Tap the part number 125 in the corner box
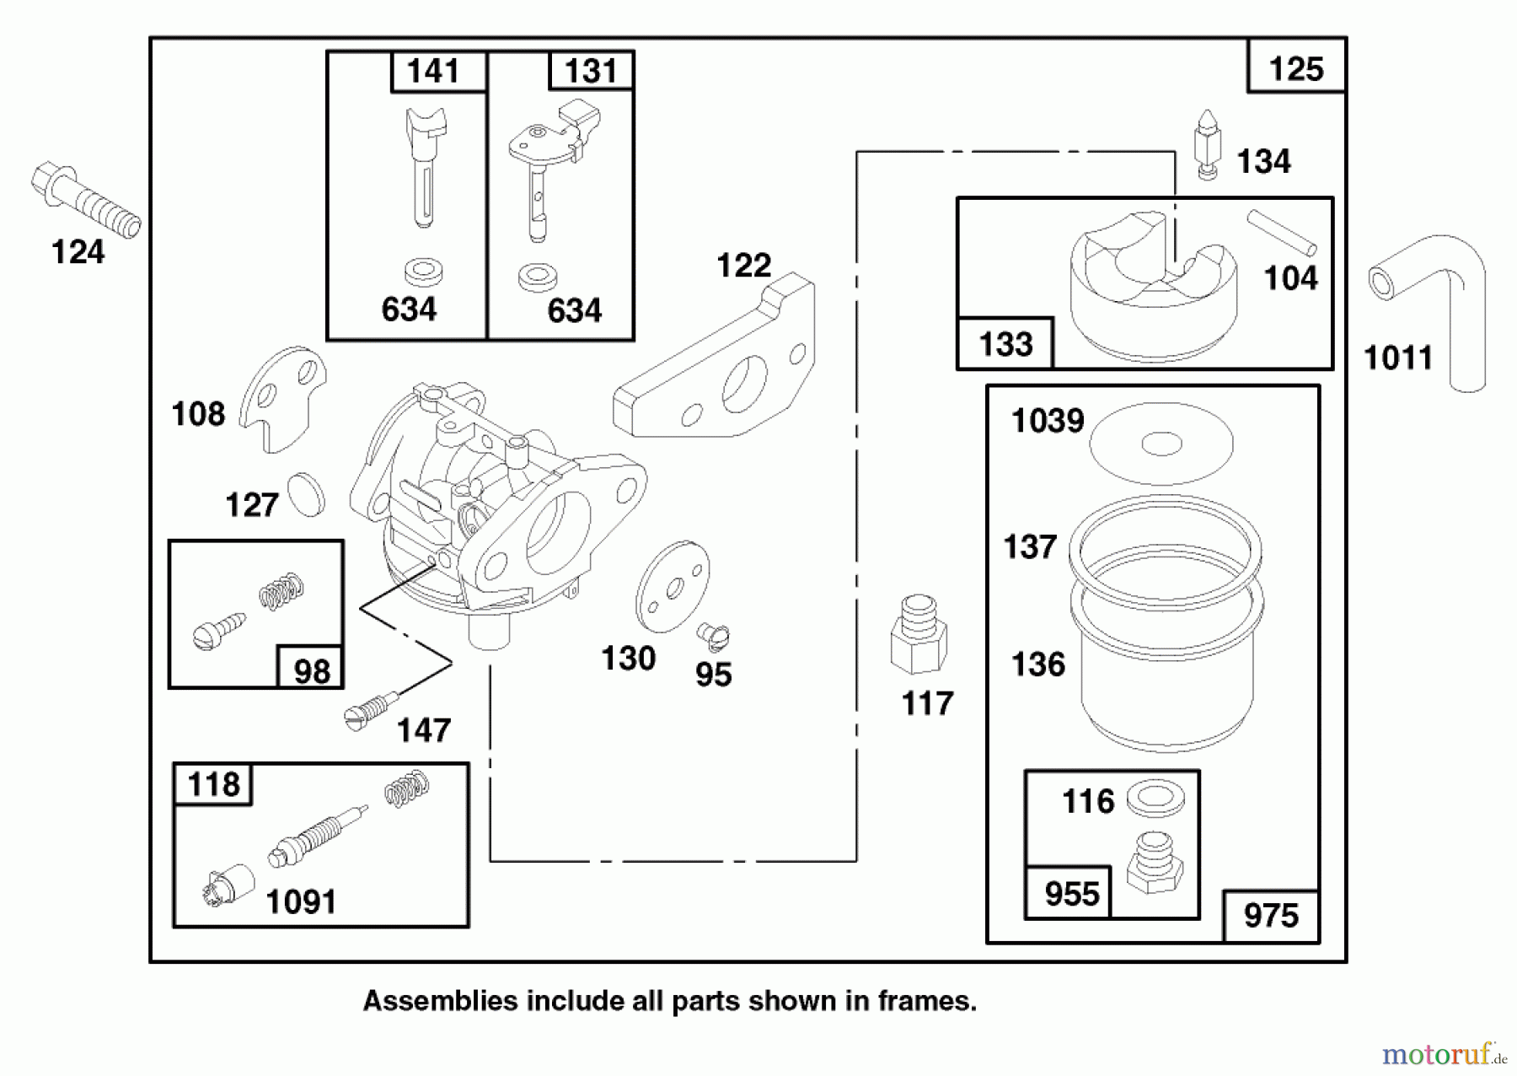1295,68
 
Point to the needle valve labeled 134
1208,143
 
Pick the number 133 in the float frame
1005,344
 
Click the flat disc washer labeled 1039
1161,443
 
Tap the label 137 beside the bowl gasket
1029,546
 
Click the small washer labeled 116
1155,798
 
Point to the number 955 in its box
1071,894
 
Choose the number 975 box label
1271,916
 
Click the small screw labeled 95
713,637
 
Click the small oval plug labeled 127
306,495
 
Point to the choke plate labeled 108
282,396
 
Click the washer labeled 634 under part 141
424,272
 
